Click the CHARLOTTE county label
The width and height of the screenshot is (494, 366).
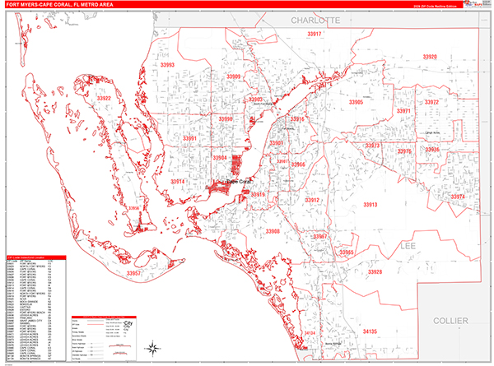315,19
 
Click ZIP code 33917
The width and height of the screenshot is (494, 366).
313,35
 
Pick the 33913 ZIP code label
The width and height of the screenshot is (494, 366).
370,205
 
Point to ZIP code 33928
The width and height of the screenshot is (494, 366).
375,271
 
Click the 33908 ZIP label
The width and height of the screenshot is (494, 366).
273,232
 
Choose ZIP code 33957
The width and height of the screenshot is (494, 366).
136,272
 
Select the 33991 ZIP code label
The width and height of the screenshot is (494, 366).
189,139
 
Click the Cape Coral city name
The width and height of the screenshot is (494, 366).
242,182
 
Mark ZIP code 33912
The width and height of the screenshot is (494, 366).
312,200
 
